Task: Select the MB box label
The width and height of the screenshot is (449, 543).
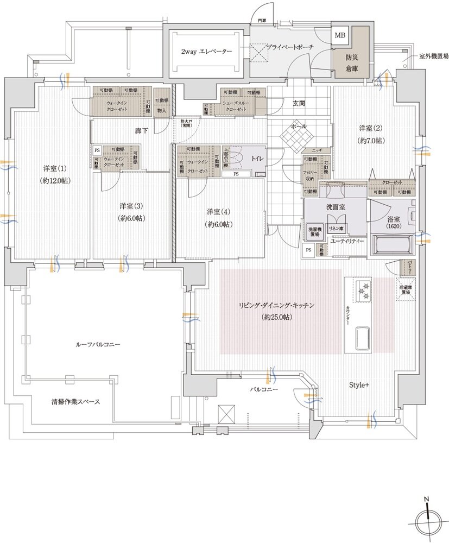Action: click(x=340, y=36)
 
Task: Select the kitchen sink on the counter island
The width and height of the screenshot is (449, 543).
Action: click(x=363, y=338)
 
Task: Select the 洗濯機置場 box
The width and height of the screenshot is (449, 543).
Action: click(x=314, y=231)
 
